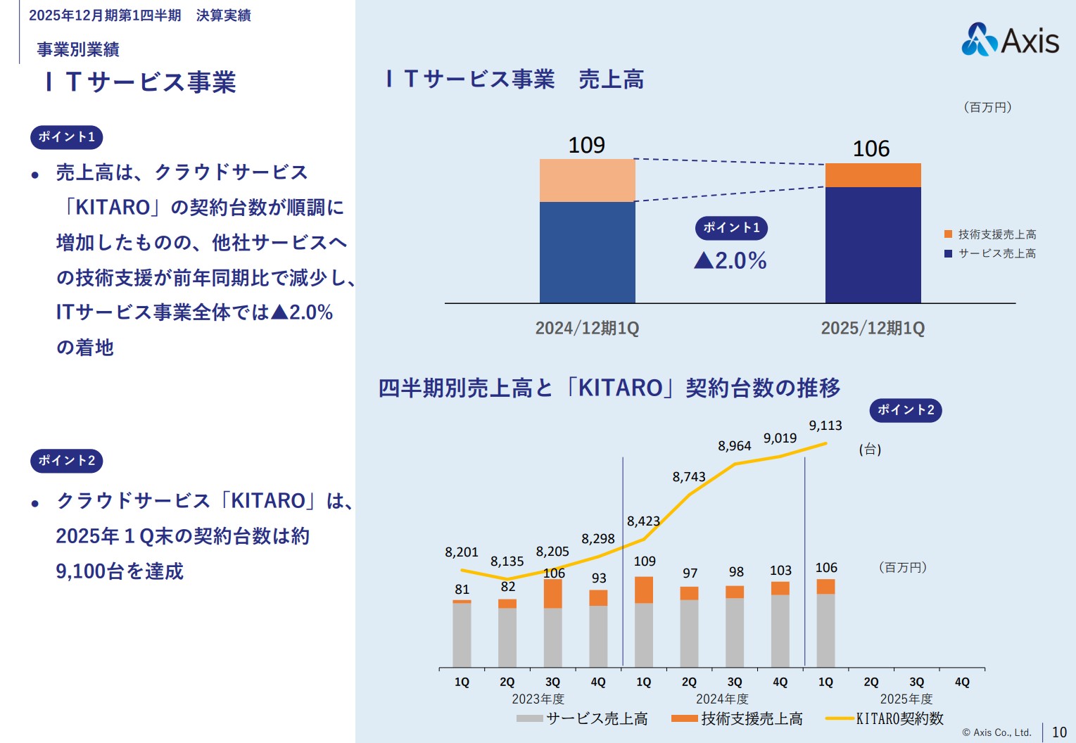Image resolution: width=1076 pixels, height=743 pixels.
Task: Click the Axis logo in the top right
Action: [1010, 39]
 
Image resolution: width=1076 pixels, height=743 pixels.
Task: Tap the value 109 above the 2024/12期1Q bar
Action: [586, 145]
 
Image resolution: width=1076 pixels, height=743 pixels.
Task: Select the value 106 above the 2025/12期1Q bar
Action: [871, 148]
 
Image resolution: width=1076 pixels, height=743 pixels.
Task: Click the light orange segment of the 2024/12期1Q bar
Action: [587, 180]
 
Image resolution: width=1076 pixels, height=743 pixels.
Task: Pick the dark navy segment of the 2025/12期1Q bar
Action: [873, 244]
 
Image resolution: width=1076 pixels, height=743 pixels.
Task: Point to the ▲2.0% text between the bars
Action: [730, 260]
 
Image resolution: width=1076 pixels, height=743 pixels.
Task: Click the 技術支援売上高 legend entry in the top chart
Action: [990, 234]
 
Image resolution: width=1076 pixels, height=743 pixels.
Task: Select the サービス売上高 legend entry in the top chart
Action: [990, 253]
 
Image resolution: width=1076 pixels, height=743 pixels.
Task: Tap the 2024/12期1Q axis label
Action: [587, 328]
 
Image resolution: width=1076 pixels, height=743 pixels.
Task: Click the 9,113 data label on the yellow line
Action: [825, 426]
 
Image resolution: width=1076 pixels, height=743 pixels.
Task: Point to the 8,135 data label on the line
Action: [507, 561]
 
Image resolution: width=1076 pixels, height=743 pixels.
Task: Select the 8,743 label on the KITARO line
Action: [688, 477]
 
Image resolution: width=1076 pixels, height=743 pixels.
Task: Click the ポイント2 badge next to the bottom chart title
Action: [905, 410]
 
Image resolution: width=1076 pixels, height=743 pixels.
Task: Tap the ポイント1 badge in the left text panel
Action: [66, 137]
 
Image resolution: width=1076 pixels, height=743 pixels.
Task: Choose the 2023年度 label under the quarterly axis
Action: [538, 699]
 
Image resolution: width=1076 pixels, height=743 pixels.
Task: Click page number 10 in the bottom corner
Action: [1059, 732]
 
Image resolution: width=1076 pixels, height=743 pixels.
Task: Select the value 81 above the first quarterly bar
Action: [462, 590]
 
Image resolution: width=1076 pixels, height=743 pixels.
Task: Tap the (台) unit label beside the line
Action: [870, 450]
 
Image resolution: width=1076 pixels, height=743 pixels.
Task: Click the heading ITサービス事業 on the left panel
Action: [141, 82]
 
